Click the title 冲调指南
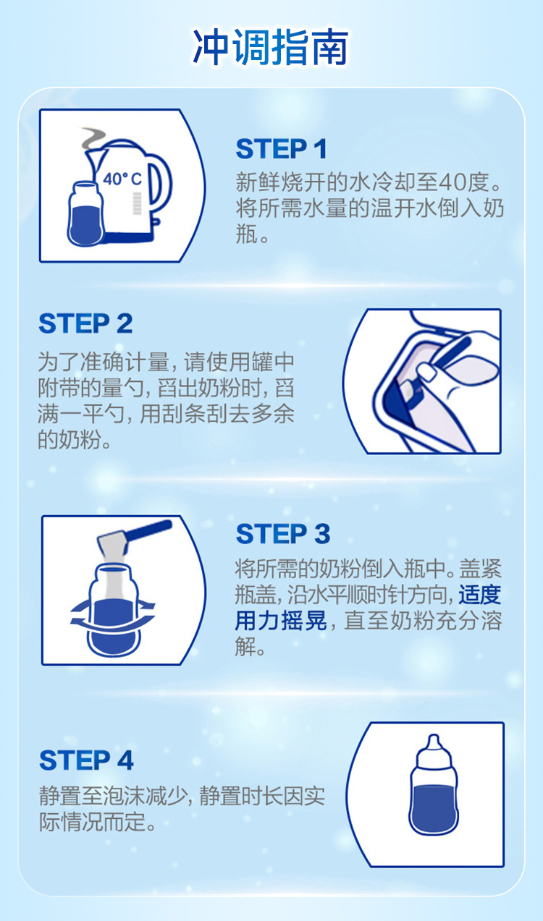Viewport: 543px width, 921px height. (x=271, y=47)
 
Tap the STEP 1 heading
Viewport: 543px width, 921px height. (x=282, y=149)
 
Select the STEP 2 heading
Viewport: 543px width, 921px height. (x=85, y=323)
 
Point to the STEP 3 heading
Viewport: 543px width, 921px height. (x=283, y=534)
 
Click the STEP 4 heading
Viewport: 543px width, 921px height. (x=86, y=760)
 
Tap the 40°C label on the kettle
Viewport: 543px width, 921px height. (x=122, y=179)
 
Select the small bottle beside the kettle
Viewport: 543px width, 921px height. (x=85, y=214)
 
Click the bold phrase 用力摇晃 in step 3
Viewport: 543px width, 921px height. (x=281, y=621)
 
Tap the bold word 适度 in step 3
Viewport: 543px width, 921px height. (x=479, y=595)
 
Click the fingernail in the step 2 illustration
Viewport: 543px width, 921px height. (x=427, y=372)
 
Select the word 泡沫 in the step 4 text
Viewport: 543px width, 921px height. (x=124, y=796)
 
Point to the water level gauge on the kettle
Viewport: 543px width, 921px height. (x=137, y=203)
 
